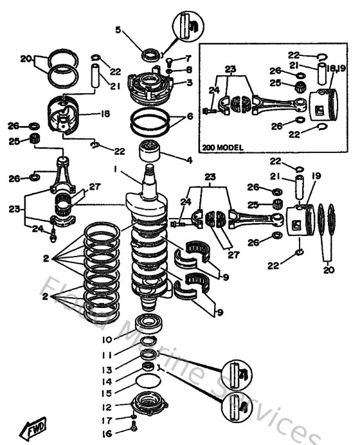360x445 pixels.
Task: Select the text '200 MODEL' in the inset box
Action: pos(222,147)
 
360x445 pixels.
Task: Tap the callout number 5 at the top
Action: pos(118,30)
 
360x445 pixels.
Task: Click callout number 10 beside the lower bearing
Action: pos(107,340)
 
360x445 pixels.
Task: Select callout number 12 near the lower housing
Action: pos(107,407)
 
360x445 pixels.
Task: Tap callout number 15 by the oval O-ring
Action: pos(107,393)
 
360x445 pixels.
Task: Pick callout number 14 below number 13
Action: pos(107,381)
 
